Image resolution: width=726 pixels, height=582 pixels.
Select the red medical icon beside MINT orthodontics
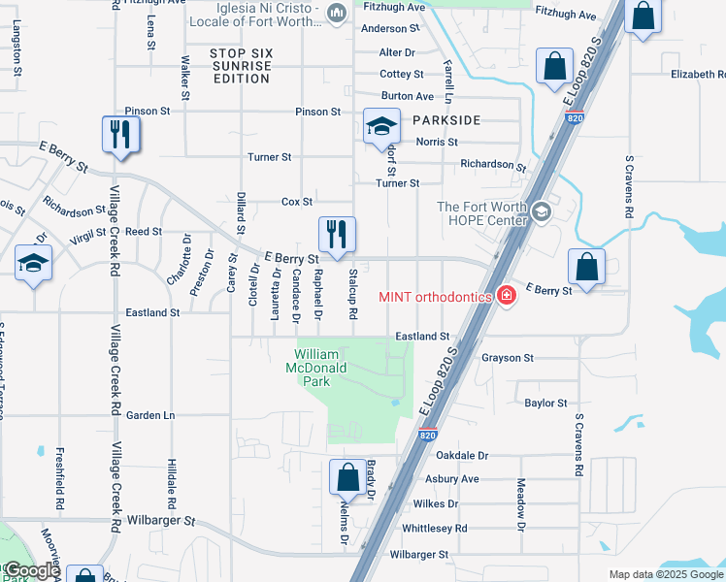505,295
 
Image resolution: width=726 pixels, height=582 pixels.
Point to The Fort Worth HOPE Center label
481,213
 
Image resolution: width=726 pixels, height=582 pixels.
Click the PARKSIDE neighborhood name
446,120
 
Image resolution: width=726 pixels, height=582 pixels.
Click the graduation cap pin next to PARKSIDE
381,126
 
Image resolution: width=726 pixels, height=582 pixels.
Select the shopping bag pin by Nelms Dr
346,477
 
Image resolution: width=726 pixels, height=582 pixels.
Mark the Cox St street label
296,202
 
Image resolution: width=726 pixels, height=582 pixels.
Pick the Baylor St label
545,403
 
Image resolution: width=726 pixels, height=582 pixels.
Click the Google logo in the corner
31,570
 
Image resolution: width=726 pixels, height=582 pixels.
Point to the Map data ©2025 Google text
664,574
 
